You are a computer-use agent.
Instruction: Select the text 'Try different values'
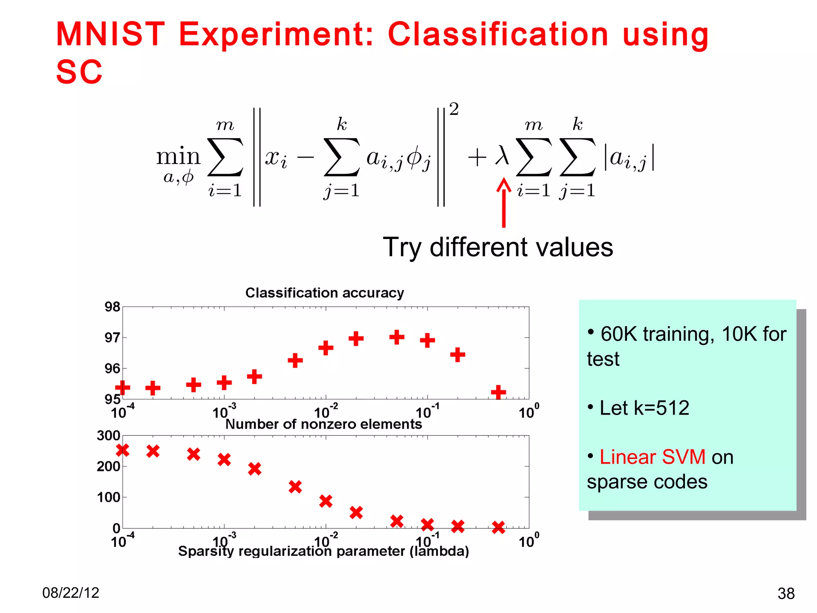[x=497, y=247]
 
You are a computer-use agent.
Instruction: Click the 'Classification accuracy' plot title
[x=324, y=293]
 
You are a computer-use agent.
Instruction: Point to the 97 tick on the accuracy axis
[x=112, y=338]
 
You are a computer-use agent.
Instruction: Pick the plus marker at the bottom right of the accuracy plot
[x=498, y=392]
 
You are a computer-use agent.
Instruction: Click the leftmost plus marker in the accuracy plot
[x=122, y=387]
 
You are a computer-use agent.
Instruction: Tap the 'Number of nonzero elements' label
[x=324, y=424]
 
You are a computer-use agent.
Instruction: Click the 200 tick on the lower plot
[x=108, y=466]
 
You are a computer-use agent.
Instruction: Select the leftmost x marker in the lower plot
[x=122, y=450]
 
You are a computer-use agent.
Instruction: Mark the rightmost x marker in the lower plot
[x=498, y=527]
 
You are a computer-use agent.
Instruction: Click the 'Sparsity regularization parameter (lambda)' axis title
[x=324, y=551]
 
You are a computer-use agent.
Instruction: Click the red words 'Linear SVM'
[x=652, y=457]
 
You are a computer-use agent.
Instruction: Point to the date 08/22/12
[x=71, y=593]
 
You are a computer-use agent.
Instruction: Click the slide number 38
[x=786, y=593]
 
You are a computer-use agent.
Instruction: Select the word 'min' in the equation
[x=178, y=156]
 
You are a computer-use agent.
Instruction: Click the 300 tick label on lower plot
[x=108, y=435]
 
